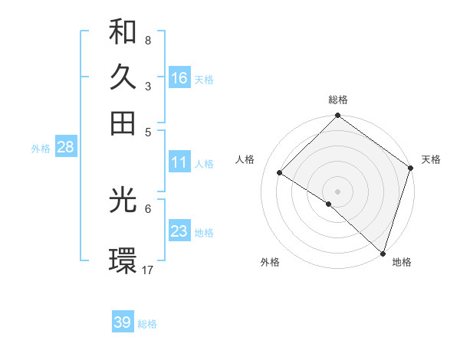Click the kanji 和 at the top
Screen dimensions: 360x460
pyautogui.click(x=123, y=31)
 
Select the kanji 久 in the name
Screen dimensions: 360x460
pyautogui.click(x=123, y=77)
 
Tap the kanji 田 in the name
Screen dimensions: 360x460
pyautogui.click(x=123, y=122)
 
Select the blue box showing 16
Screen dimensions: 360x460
pyautogui.click(x=179, y=78)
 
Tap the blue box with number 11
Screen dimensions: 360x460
pyautogui.click(x=179, y=162)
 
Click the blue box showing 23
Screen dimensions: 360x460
pyautogui.click(x=179, y=231)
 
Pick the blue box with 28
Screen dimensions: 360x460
pyautogui.click(x=65, y=148)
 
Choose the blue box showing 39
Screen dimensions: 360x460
pyautogui.click(x=123, y=322)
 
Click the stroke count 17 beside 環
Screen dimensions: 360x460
pyautogui.click(x=148, y=270)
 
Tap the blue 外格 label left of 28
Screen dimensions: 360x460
pyautogui.click(x=41, y=149)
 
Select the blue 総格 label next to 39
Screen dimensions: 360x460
pyautogui.click(x=147, y=324)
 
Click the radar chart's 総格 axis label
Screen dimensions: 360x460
pyautogui.click(x=338, y=100)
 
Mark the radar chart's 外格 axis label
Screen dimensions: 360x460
pyautogui.click(x=270, y=263)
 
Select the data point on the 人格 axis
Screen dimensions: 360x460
pyautogui.click(x=280, y=173)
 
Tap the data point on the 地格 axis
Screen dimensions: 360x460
pyautogui.click(x=383, y=253)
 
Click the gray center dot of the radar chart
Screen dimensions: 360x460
pyautogui.click(x=338, y=191)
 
